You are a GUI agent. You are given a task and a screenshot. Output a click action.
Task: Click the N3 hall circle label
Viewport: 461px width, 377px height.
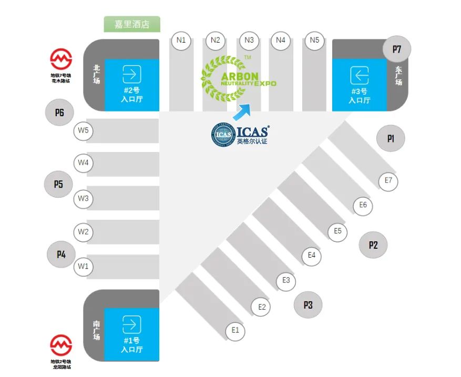point(249,40)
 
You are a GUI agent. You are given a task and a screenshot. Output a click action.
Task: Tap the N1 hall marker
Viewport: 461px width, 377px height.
point(181,40)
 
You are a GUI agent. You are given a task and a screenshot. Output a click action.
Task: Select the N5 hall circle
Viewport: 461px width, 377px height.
point(314,40)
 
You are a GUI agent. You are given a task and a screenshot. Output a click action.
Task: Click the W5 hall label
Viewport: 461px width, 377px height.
point(83,131)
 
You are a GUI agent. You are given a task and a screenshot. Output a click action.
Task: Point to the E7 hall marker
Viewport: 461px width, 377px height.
point(388,181)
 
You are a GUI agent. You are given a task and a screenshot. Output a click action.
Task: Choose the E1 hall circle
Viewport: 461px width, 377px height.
point(235,331)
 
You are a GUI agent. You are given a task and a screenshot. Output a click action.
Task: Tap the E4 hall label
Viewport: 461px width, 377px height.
point(311,256)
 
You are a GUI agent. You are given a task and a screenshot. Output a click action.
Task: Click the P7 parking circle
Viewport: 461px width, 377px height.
point(397,49)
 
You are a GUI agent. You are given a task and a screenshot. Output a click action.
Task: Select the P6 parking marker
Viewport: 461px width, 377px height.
point(59,113)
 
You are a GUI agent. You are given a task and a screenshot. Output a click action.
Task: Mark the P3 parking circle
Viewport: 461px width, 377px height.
point(308,305)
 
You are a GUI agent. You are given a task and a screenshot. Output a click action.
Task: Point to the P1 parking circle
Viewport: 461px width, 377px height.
point(391,139)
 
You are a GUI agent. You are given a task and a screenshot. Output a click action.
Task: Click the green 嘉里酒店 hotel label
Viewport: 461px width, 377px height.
point(132,24)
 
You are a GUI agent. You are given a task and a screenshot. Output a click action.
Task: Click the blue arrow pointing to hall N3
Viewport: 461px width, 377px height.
point(242,112)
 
